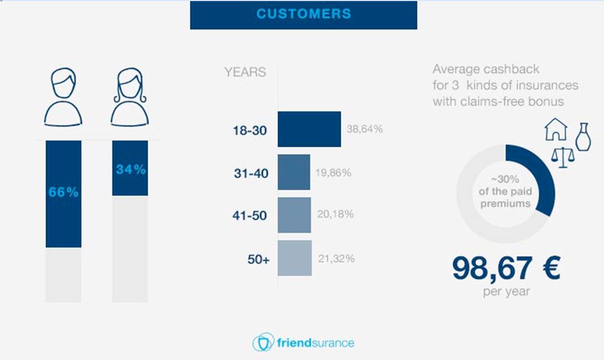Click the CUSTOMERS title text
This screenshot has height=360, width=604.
[303, 14]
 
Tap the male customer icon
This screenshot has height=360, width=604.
[63, 97]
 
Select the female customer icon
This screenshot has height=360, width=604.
[130, 97]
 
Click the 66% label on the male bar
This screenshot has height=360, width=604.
[64, 192]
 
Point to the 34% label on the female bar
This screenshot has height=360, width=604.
[131, 170]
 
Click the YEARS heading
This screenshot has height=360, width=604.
[245, 72]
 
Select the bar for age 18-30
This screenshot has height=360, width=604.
[310, 129]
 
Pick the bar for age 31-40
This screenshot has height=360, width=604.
[294, 172]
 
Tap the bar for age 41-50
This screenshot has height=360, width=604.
[294, 215]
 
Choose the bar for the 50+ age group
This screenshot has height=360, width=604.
[294, 258]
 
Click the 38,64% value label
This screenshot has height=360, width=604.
[364, 129]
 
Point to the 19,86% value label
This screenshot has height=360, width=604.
[333, 173]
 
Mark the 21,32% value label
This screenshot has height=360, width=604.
[336, 258]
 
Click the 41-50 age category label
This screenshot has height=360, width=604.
[250, 215]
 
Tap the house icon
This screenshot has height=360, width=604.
[556, 129]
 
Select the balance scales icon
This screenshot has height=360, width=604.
[563, 157]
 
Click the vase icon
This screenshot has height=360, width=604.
[583, 137]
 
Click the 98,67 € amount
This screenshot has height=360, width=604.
[506, 268]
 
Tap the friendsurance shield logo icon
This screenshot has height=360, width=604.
[264, 342]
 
